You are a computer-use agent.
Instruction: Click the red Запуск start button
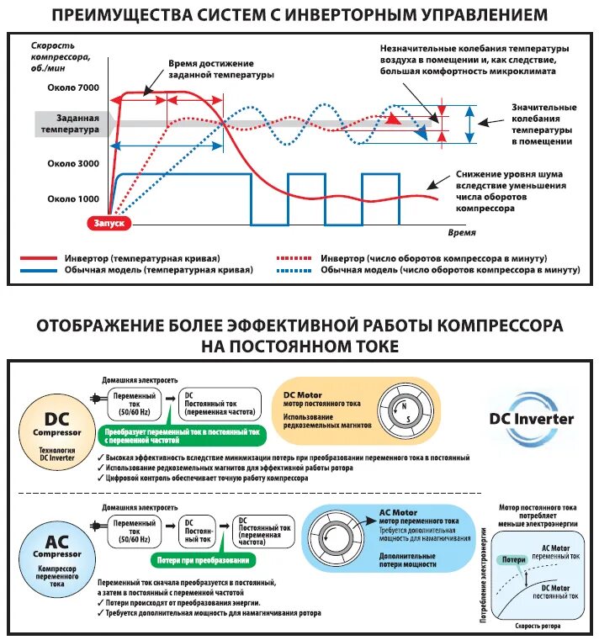pos(109,223)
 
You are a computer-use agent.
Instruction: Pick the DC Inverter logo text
pos(532,418)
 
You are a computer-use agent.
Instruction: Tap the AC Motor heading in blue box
pos(399,512)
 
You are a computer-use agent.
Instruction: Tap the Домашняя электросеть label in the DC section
pos(140,380)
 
